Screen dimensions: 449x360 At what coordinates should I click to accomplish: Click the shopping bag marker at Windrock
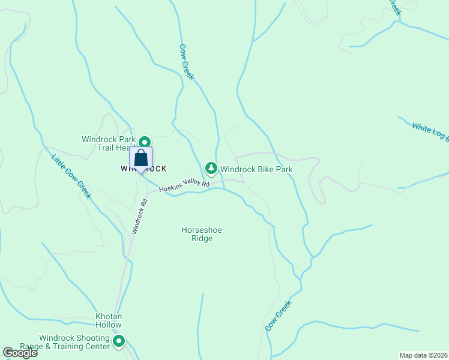(140, 159)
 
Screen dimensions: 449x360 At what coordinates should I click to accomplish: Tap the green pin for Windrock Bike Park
(211, 168)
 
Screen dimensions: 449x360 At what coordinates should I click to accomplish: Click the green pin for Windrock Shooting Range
(119, 342)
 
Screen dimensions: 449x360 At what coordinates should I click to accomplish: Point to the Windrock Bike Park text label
(256, 169)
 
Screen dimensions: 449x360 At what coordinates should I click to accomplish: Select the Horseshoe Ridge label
(197, 234)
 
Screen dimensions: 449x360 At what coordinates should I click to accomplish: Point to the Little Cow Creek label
(71, 177)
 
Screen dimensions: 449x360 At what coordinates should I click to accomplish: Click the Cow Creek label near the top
(186, 62)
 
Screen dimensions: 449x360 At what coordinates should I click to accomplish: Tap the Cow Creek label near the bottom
(278, 316)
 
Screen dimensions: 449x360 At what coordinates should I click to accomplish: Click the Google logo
(20, 353)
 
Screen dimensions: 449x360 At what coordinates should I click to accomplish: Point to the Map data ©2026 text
(424, 355)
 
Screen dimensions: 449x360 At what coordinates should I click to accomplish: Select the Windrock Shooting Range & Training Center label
(74, 343)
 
